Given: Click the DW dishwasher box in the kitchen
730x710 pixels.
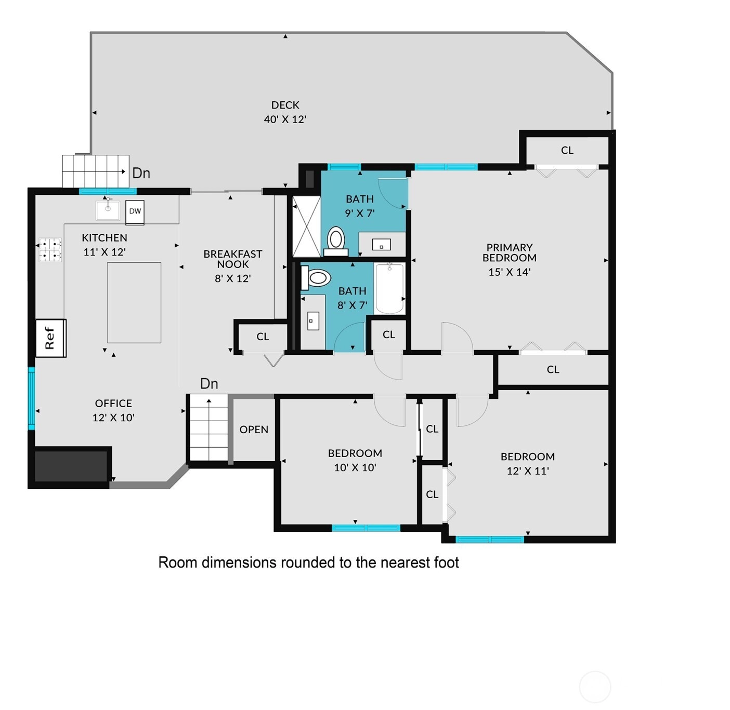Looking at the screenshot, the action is [x=135, y=212].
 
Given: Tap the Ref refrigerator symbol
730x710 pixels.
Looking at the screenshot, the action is [x=51, y=338].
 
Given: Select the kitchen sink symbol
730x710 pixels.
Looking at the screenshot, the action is [x=108, y=210].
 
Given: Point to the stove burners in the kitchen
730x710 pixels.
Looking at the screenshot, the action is [x=50, y=249].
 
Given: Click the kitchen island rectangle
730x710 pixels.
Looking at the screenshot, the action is [x=134, y=302].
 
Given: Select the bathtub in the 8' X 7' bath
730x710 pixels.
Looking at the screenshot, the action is [x=390, y=288].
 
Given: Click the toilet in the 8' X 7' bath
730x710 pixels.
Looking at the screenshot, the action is [x=316, y=278].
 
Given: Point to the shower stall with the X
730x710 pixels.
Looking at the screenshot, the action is [x=306, y=226].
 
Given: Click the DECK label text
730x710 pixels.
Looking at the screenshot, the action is [x=285, y=105].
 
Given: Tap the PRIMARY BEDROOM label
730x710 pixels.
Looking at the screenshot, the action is [x=510, y=252].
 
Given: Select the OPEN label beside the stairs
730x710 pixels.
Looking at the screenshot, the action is [x=254, y=430].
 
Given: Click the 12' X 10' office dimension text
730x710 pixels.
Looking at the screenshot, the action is [x=114, y=418].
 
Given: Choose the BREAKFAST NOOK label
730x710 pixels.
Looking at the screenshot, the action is [x=232, y=259].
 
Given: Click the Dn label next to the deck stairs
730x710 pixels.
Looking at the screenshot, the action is [x=141, y=173].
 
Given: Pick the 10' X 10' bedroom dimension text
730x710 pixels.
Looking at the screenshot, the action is [x=355, y=467].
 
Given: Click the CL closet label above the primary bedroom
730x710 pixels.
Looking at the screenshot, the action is [x=567, y=150].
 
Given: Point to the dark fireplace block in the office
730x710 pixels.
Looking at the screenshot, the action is [x=71, y=466].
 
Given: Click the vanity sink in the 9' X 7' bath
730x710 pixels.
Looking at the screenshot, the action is [x=382, y=245].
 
